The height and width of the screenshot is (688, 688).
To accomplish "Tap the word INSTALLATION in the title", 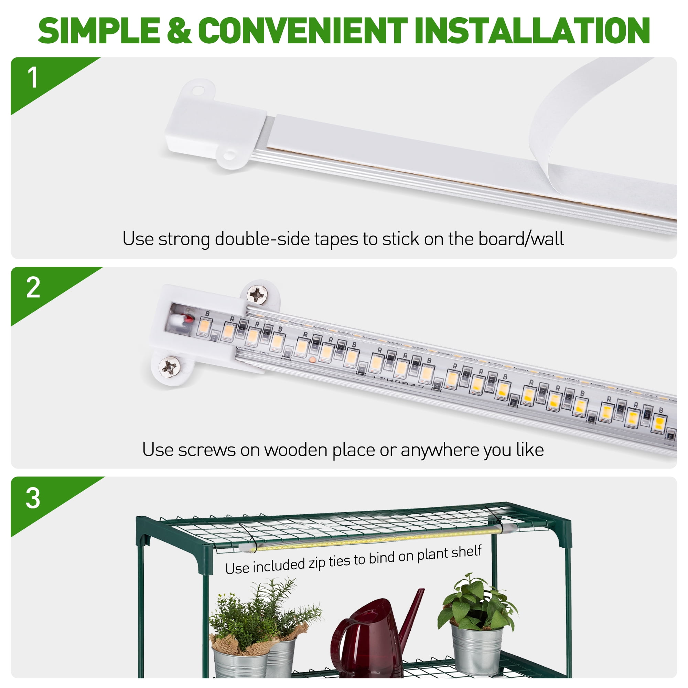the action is [532, 31].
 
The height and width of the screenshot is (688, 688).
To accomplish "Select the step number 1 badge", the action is [32, 78].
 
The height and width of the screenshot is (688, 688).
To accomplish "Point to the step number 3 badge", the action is [33, 498].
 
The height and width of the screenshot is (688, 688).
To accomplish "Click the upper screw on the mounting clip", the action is [257, 294].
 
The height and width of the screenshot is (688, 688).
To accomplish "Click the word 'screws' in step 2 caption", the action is [207, 450].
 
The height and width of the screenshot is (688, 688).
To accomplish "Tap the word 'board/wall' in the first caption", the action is [521, 239].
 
